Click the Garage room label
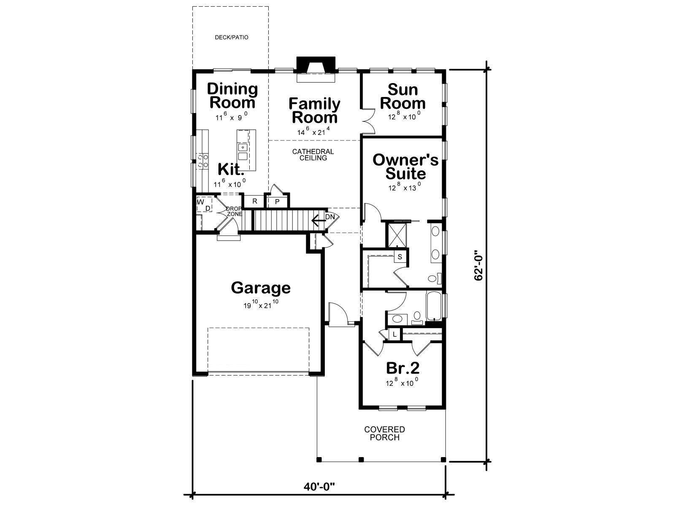pos(261,288)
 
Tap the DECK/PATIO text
pos(232,38)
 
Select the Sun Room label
pos(402,97)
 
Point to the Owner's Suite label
pos(405,167)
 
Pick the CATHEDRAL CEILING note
pos(313,154)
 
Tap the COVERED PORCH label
pos(384,433)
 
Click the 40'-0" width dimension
pos(319,486)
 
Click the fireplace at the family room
pos(316,69)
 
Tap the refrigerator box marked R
pos(254,202)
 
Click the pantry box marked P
pos(277,202)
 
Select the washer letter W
pos(200,202)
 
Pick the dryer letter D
pos(208,208)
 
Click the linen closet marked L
pos(394,334)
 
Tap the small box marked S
pos(400,256)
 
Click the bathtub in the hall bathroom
pos(434,306)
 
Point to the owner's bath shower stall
pos(397,235)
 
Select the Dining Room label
pos(232,96)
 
